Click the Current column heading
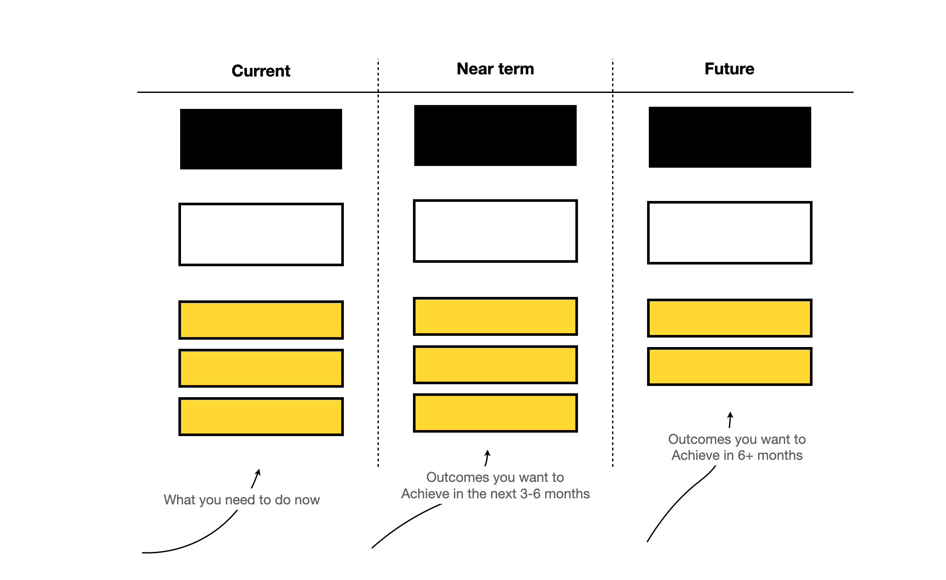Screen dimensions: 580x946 [x=261, y=71]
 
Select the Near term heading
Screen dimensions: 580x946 [x=495, y=69]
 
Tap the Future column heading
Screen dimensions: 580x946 [x=729, y=69]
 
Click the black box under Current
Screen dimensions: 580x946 [x=261, y=139]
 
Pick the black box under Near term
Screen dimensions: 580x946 [x=495, y=135]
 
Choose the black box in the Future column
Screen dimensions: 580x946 [x=730, y=137]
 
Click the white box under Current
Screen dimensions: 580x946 [x=261, y=234]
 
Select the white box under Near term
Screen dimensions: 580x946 [x=495, y=231]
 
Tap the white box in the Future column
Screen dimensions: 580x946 [x=730, y=233]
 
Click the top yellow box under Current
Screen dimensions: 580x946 [x=261, y=320]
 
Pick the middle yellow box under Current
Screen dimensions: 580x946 [x=261, y=368]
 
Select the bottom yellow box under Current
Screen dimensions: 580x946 [x=261, y=417]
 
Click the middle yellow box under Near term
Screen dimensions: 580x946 [x=495, y=364]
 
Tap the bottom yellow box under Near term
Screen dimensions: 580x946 [x=495, y=413]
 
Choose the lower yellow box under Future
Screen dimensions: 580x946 [x=730, y=366]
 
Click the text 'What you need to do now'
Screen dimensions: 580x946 [x=242, y=500]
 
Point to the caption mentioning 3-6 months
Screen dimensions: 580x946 [x=495, y=485]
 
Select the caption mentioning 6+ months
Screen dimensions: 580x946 [x=737, y=447]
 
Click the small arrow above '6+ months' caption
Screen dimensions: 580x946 [x=730, y=420]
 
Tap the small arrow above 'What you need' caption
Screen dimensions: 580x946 [x=256, y=478]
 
